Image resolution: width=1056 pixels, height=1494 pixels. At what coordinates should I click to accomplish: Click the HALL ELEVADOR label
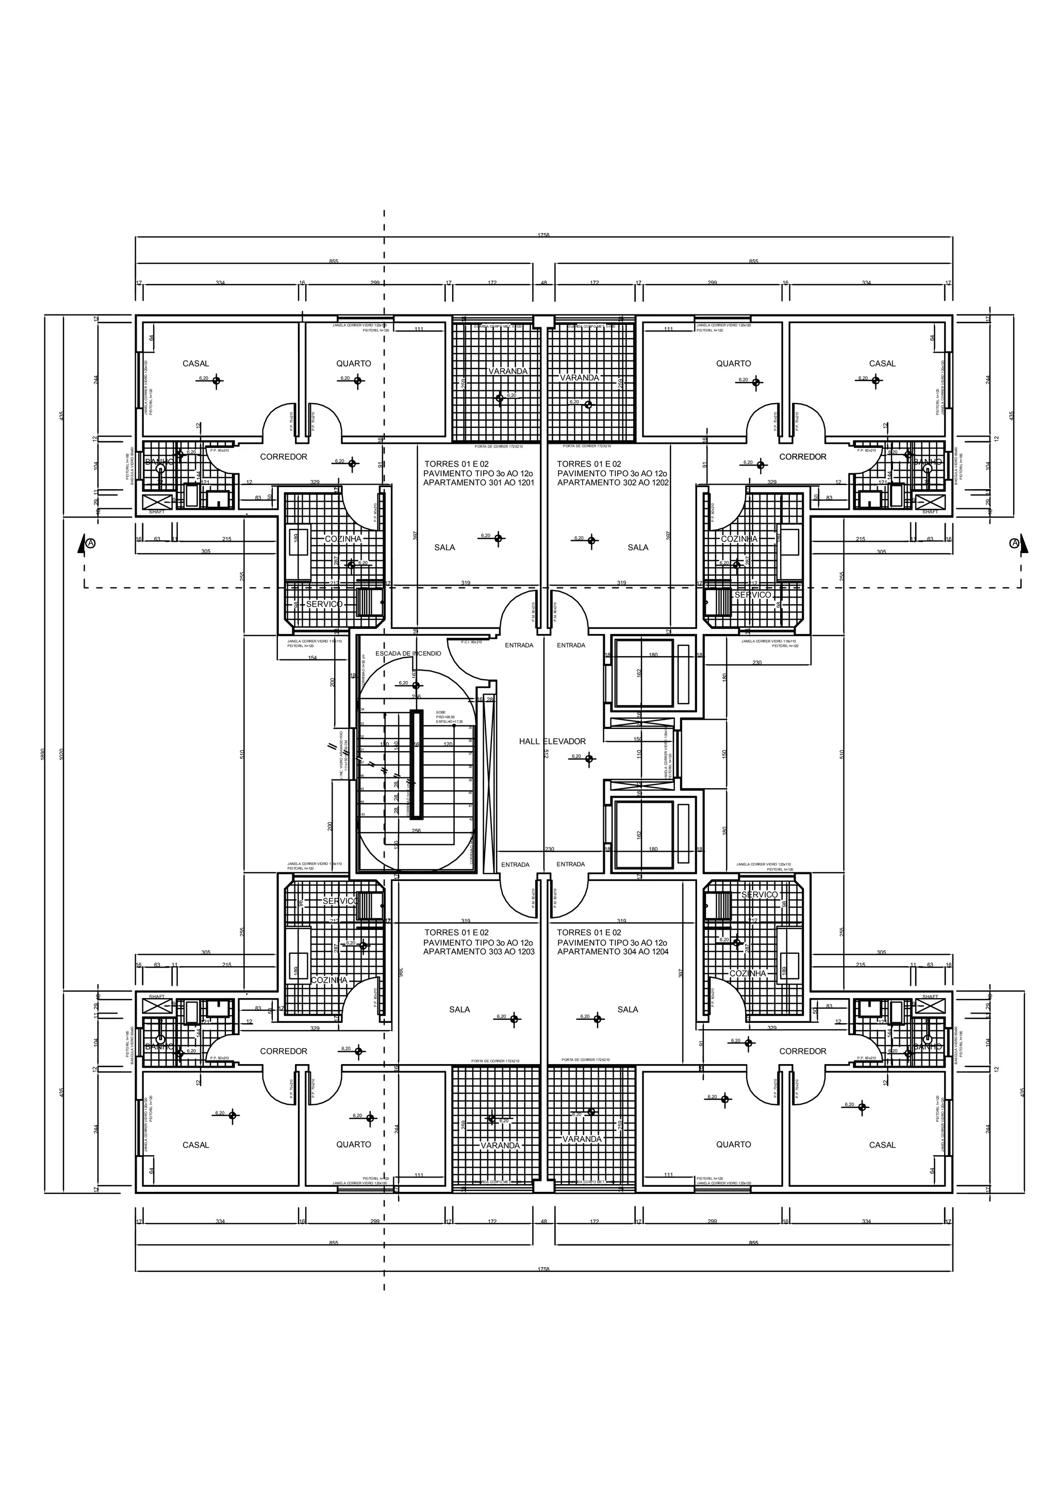click(x=552, y=741)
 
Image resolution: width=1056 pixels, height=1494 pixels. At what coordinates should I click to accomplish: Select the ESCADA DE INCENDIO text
click(x=408, y=653)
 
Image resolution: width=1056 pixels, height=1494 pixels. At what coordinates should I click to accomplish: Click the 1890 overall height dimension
click(x=44, y=754)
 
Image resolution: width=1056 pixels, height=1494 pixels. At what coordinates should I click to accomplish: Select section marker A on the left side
click(x=90, y=543)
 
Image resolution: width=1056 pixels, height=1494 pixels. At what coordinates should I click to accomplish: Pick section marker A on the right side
click(x=1014, y=543)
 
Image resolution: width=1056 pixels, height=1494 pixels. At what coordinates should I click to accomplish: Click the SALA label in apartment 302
click(x=638, y=547)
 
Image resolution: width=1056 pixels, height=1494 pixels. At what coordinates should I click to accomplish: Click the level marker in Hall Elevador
click(x=589, y=758)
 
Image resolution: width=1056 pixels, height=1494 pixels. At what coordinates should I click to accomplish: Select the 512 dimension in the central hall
click(x=547, y=754)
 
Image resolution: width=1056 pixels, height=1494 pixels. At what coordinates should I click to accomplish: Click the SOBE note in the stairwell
click(x=440, y=712)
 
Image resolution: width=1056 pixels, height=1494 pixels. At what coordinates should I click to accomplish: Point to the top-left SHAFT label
click(x=156, y=511)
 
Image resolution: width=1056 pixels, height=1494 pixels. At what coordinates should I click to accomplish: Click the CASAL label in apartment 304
click(x=882, y=1144)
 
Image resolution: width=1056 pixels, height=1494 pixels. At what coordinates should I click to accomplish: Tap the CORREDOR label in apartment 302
click(x=802, y=457)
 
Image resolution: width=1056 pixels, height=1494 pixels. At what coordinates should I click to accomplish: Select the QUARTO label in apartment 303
click(x=353, y=1144)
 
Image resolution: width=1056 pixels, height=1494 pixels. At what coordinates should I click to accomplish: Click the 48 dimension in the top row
click(x=543, y=283)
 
